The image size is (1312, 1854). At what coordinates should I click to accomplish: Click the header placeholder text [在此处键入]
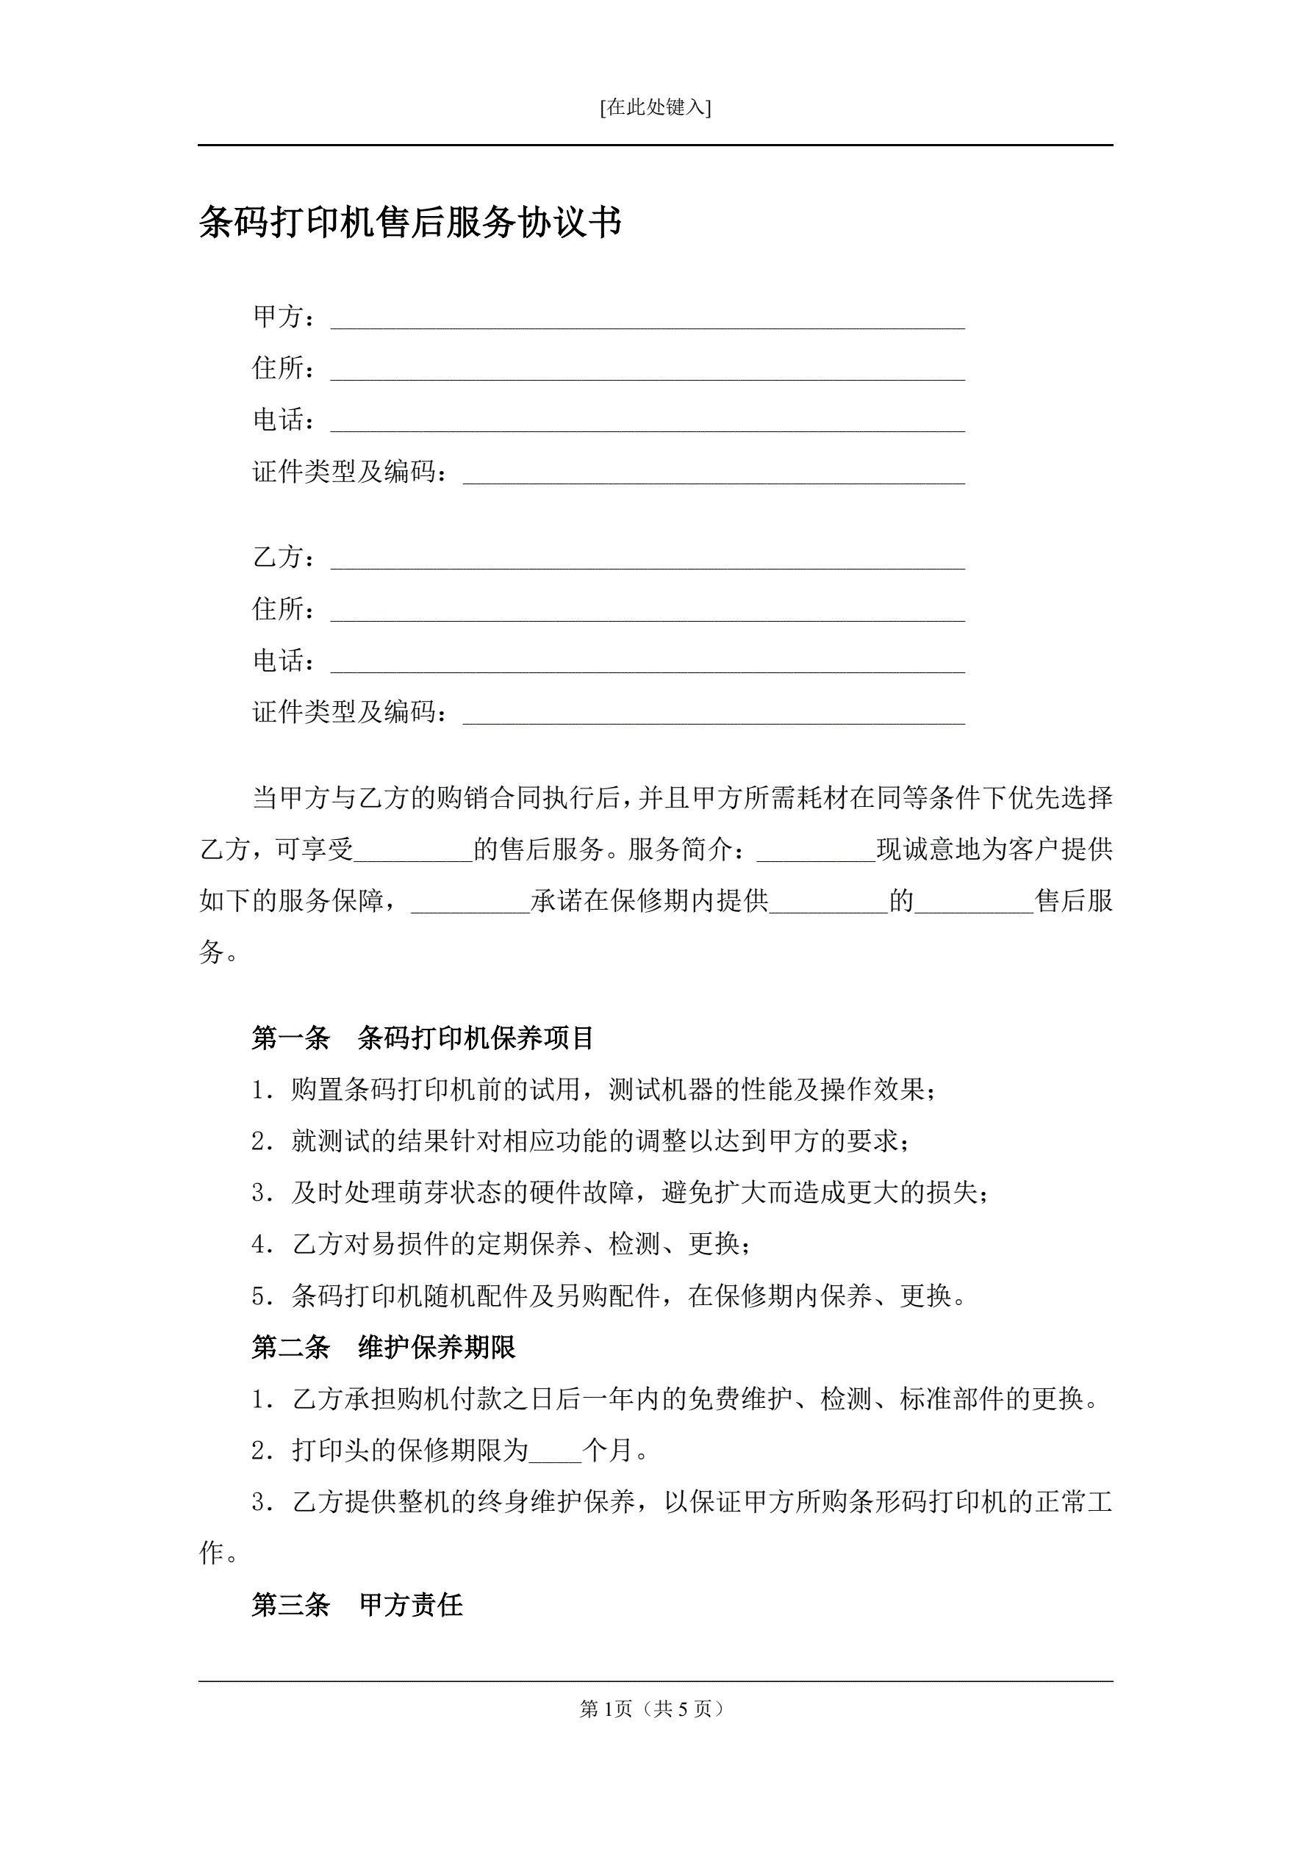pyautogui.click(x=655, y=107)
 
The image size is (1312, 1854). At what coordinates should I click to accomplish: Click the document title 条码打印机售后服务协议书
pyautogui.click(x=410, y=222)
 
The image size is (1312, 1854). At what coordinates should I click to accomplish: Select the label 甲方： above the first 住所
pyautogui.click(x=284, y=317)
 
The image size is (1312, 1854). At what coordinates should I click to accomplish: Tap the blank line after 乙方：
pyautogui.click(x=647, y=560)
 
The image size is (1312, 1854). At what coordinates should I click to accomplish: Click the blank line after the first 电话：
pyautogui.click(x=647, y=423)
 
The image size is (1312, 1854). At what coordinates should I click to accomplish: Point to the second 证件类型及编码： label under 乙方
pyautogui.click(x=350, y=712)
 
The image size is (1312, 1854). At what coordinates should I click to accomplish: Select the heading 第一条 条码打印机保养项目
pyautogui.click(x=423, y=1038)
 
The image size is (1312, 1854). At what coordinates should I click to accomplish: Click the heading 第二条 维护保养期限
pyautogui.click(x=384, y=1347)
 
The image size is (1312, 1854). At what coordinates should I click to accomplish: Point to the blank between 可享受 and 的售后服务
pyautogui.click(x=414, y=852)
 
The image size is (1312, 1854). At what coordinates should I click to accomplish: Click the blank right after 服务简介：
pyautogui.click(x=816, y=852)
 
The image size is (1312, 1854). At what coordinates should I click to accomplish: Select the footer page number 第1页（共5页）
pyautogui.click(x=653, y=1709)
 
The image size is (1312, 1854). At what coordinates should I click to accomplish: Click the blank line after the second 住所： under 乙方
pyautogui.click(x=647, y=611)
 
